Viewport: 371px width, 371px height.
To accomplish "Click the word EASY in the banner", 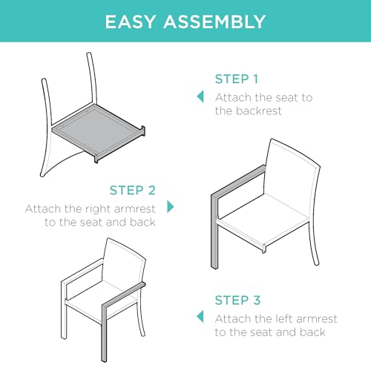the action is [131, 22].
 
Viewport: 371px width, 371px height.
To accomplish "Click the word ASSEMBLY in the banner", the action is [214, 22].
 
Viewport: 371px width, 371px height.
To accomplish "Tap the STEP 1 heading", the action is [237, 79].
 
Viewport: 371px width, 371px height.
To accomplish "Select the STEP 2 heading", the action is [133, 190].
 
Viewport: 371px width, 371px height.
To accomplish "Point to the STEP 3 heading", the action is [237, 301].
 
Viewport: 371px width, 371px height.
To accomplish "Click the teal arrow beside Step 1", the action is [200, 96].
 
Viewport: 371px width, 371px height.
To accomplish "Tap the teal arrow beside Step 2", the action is [171, 207].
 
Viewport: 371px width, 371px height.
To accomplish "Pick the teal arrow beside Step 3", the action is [200, 317].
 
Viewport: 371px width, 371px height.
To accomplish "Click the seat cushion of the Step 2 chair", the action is [264, 217].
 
